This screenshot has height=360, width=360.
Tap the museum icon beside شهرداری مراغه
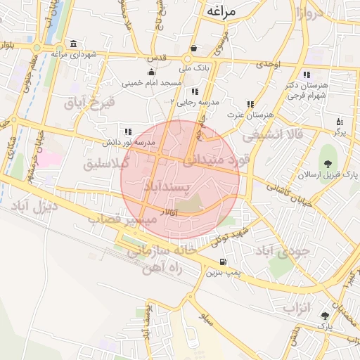point(74,44)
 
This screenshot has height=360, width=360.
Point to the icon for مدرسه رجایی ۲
point(194,91)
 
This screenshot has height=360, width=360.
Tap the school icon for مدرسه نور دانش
point(127,131)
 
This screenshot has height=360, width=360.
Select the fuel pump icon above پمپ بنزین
point(223,262)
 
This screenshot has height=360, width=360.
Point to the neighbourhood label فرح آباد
point(89,103)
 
